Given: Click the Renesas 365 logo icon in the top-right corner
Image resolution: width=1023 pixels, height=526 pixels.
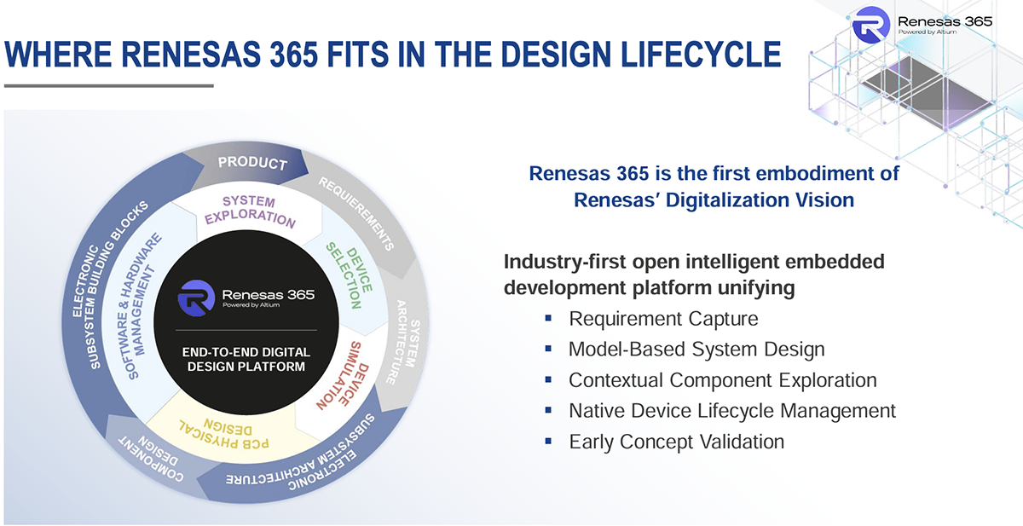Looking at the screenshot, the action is coord(871,25).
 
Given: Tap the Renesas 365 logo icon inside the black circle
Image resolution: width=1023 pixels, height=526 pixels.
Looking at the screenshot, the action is coord(196,298).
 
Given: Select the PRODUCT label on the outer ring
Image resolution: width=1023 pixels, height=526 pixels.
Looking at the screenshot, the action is coord(252,163).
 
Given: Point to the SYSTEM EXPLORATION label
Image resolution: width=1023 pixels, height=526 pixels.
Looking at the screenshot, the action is coord(250,211).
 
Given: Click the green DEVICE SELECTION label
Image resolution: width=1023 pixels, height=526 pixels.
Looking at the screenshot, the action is coord(350,275).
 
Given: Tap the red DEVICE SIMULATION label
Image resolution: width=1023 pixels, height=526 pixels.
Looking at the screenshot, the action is coord(343,375).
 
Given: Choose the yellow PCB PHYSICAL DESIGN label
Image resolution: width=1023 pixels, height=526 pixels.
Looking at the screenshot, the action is coord(223,434).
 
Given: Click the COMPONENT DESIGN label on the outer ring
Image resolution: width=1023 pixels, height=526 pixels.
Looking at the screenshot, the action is coord(152,459).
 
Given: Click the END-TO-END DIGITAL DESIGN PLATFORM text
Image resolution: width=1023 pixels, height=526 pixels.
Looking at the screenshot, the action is coord(246,360).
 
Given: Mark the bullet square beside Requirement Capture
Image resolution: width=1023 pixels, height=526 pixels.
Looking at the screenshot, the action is coord(548,318).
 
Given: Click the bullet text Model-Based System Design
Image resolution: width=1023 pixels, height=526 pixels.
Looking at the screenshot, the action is coord(697,350).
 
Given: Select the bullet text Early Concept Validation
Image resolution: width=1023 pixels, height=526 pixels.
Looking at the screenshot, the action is coord(676,442).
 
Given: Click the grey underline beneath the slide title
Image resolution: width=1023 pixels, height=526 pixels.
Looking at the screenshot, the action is coord(109,85).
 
